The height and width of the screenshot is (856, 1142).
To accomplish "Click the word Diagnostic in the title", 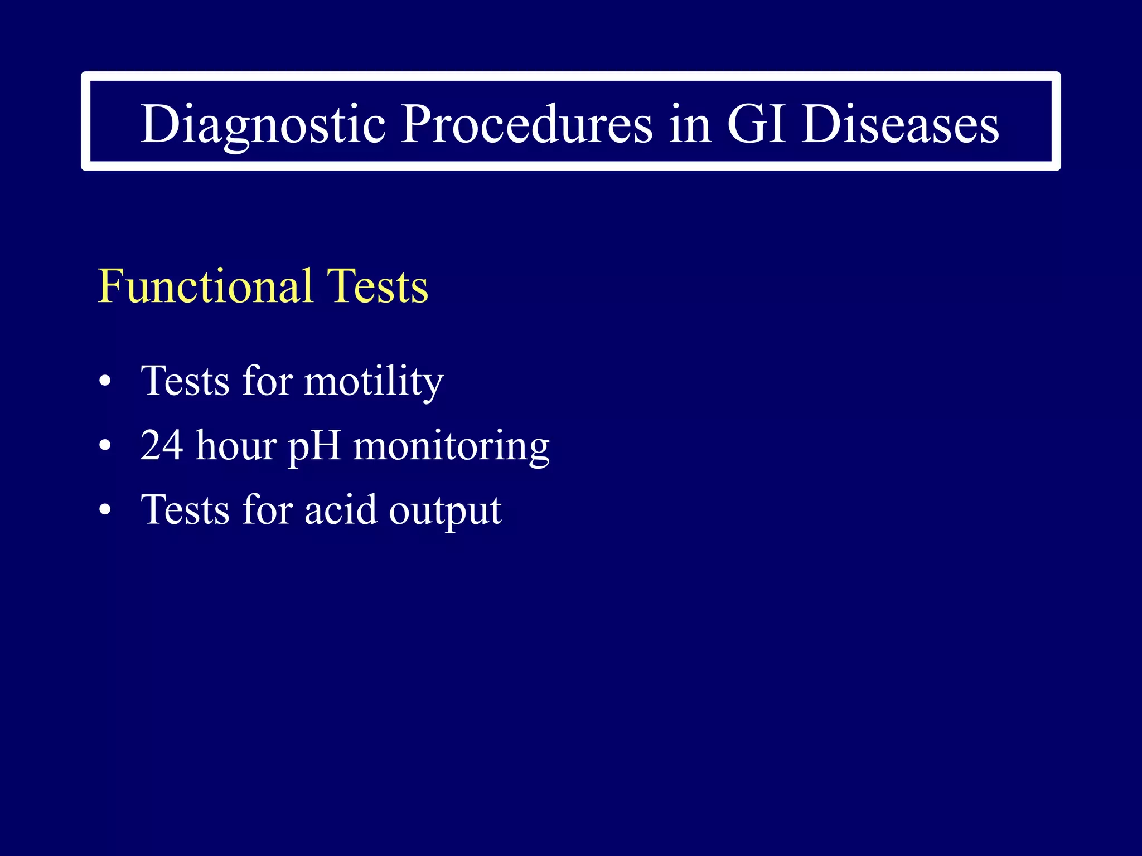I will pos(263,124).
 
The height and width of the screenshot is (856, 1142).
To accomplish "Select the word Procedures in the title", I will pos(526,124).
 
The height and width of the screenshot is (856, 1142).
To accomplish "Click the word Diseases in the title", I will pos(900,124).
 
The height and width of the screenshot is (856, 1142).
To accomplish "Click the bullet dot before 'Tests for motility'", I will pos(105,382).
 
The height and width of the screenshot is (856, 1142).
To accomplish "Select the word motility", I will pos(374,382).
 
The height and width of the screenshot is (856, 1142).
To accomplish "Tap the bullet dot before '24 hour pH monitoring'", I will pos(105,446).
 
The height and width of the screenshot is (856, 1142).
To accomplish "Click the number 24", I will pos(162,446).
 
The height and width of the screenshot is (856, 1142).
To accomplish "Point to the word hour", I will pos(236,446).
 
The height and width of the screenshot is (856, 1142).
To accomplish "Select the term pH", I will pos(314,447).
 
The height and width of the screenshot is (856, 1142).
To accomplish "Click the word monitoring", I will pos(452,447).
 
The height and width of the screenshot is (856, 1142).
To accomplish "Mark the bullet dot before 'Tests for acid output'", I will pos(105,510).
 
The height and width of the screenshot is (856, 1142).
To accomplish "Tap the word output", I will pos(445,511).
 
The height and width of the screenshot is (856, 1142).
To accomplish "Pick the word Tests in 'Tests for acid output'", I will pos(185,510).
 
